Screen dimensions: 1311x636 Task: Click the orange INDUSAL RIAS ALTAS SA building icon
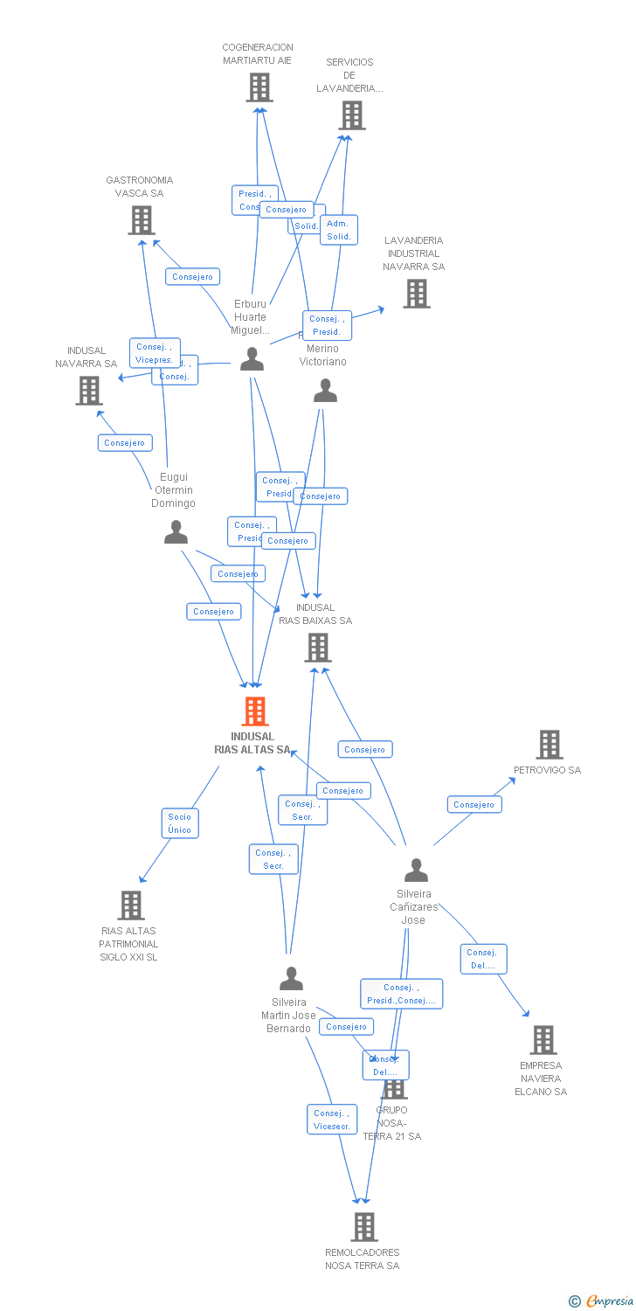pyautogui.click(x=255, y=711)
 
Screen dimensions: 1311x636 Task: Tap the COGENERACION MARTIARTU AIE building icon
pyautogui.click(x=259, y=87)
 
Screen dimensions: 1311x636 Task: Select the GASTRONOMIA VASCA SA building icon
pyautogui.click(x=142, y=220)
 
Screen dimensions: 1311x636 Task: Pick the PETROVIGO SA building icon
pyautogui.click(x=549, y=745)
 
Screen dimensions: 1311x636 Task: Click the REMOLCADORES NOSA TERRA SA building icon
pyautogui.click(x=364, y=1227)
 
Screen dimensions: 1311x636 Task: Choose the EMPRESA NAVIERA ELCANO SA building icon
pyautogui.click(x=543, y=1040)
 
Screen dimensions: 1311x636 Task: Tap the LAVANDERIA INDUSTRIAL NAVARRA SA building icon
pyautogui.click(x=417, y=294)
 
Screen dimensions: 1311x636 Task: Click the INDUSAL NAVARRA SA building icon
pyautogui.click(x=88, y=391)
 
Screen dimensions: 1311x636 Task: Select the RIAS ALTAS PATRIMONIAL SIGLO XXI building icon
pyautogui.click(x=130, y=905)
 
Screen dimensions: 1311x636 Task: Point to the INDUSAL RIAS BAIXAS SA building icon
pyautogui.click(x=317, y=648)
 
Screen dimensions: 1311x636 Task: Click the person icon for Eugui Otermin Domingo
pyautogui.click(x=176, y=532)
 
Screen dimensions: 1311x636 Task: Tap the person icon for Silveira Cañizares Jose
pyautogui.click(x=416, y=870)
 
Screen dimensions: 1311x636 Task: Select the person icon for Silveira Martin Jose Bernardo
pyautogui.click(x=291, y=978)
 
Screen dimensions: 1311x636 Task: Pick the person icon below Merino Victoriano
pyautogui.click(x=325, y=391)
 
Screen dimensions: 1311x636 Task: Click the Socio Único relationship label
pyautogui.click(x=180, y=823)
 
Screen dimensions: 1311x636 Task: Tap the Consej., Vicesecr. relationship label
pyautogui.click(x=332, y=1120)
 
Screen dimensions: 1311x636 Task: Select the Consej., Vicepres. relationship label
pyautogui.click(x=155, y=353)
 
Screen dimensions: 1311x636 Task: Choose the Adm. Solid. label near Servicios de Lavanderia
pyautogui.click(x=338, y=230)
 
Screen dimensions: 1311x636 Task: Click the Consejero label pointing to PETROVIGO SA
pyautogui.click(x=474, y=804)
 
